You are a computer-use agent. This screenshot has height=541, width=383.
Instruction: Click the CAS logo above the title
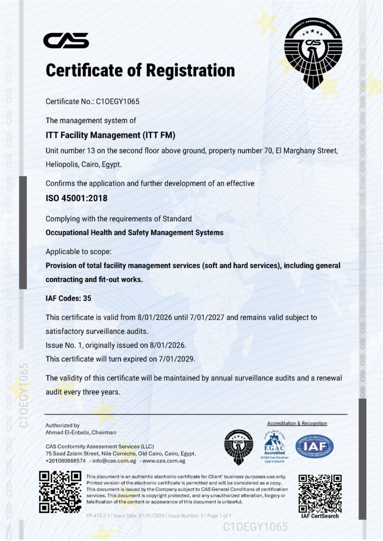66,40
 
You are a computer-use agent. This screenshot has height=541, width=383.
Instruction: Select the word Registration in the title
186,70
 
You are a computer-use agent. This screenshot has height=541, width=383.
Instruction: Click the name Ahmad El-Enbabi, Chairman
81,432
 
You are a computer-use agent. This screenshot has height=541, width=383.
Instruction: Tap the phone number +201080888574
66,461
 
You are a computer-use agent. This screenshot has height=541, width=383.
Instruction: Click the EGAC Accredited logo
274,446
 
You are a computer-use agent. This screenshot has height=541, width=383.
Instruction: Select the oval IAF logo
314,446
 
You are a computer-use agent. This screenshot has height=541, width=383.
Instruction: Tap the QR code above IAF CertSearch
320,493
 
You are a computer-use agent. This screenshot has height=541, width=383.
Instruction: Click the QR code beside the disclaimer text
60,492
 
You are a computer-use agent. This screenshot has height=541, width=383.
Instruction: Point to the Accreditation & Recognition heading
297,424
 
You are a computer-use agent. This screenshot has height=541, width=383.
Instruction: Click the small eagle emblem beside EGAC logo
239,447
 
